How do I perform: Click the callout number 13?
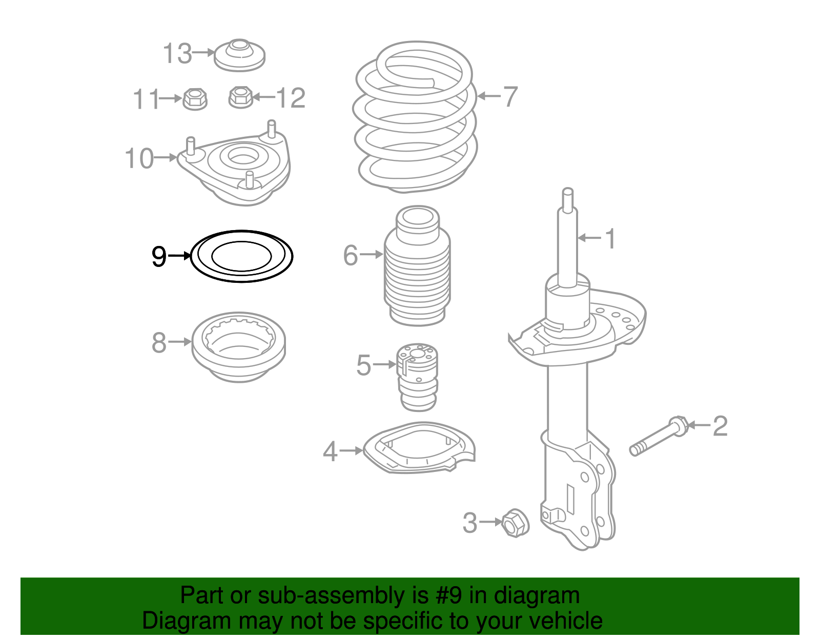(177, 53)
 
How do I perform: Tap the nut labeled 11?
(195, 98)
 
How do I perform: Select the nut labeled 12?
(240, 97)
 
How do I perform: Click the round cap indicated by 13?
(239, 55)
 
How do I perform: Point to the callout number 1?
(610, 239)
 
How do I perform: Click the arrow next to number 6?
(371, 254)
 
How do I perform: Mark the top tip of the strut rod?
(567, 191)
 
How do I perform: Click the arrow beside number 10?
(165, 157)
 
